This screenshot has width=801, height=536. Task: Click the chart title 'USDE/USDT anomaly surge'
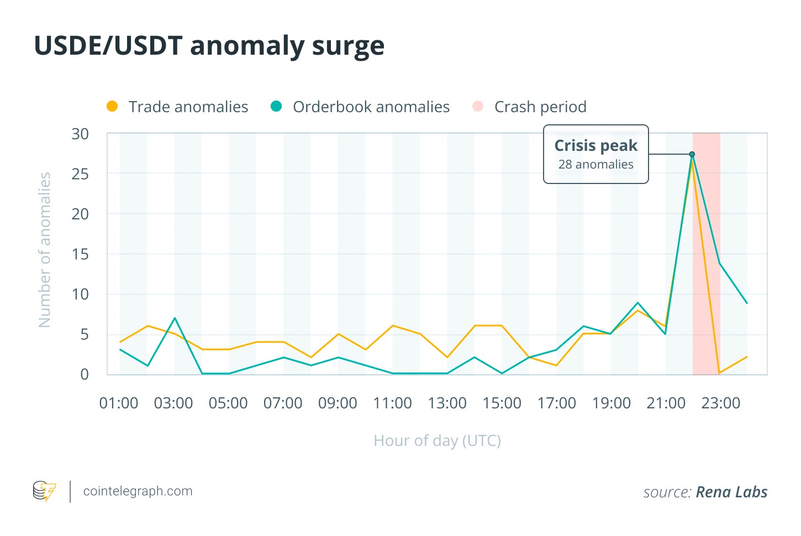coord(209,46)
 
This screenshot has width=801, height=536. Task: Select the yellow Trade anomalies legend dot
coord(112,107)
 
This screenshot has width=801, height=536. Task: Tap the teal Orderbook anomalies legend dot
coord(276,107)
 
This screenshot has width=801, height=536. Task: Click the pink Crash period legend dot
coord(478,107)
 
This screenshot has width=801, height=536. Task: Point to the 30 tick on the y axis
coord(80,134)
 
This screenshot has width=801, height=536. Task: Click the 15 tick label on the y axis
coord(80,254)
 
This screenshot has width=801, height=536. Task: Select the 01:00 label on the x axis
coord(119,403)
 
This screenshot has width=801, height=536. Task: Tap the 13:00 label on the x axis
coord(447,403)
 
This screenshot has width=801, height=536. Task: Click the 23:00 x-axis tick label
coord(720,403)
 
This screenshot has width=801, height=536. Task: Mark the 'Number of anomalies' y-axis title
coord(45,250)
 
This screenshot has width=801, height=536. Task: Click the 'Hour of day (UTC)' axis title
coord(437,441)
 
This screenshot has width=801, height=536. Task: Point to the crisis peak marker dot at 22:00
coord(692,154)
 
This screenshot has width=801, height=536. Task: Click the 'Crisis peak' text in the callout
coord(596,145)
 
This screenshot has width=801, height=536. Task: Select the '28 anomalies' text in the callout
coord(596,165)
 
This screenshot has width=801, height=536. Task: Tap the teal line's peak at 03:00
coord(175,318)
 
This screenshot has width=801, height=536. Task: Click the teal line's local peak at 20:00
coord(638,303)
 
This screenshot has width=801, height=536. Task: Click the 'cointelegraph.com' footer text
coord(138,491)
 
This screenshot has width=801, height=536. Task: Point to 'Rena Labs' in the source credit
coord(731,492)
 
